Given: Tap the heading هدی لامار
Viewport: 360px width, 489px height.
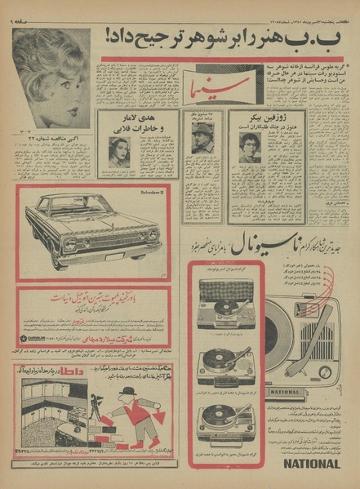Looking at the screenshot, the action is click(136, 122).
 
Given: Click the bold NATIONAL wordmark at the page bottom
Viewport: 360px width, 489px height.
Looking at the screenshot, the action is click(311, 464).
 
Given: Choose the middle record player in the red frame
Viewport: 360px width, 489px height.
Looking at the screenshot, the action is click(224, 360).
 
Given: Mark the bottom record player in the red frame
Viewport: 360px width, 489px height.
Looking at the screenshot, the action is click(224, 412).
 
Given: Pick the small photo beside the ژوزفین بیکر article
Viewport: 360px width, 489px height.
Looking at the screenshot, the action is click(250, 147).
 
